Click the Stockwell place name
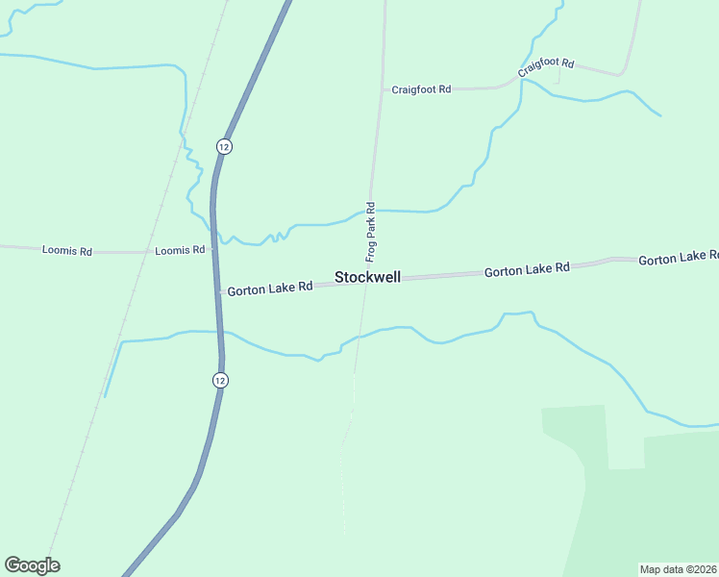click(367, 277)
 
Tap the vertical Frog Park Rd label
click(370, 233)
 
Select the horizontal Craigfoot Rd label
click(421, 89)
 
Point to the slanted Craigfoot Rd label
click(545, 67)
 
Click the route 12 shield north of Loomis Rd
click(223, 146)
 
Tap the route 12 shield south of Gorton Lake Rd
click(220, 380)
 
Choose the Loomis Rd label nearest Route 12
click(180, 250)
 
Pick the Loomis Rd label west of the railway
click(67, 250)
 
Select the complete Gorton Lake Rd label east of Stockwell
click(527, 271)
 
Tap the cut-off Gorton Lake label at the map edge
click(679, 259)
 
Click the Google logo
click(32, 565)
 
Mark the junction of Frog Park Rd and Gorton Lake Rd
click(364, 280)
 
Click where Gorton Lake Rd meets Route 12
click(218, 290)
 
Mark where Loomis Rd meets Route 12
click(212, 252)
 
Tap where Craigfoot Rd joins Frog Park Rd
click(382, 89)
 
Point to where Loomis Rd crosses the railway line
click(149, 252)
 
